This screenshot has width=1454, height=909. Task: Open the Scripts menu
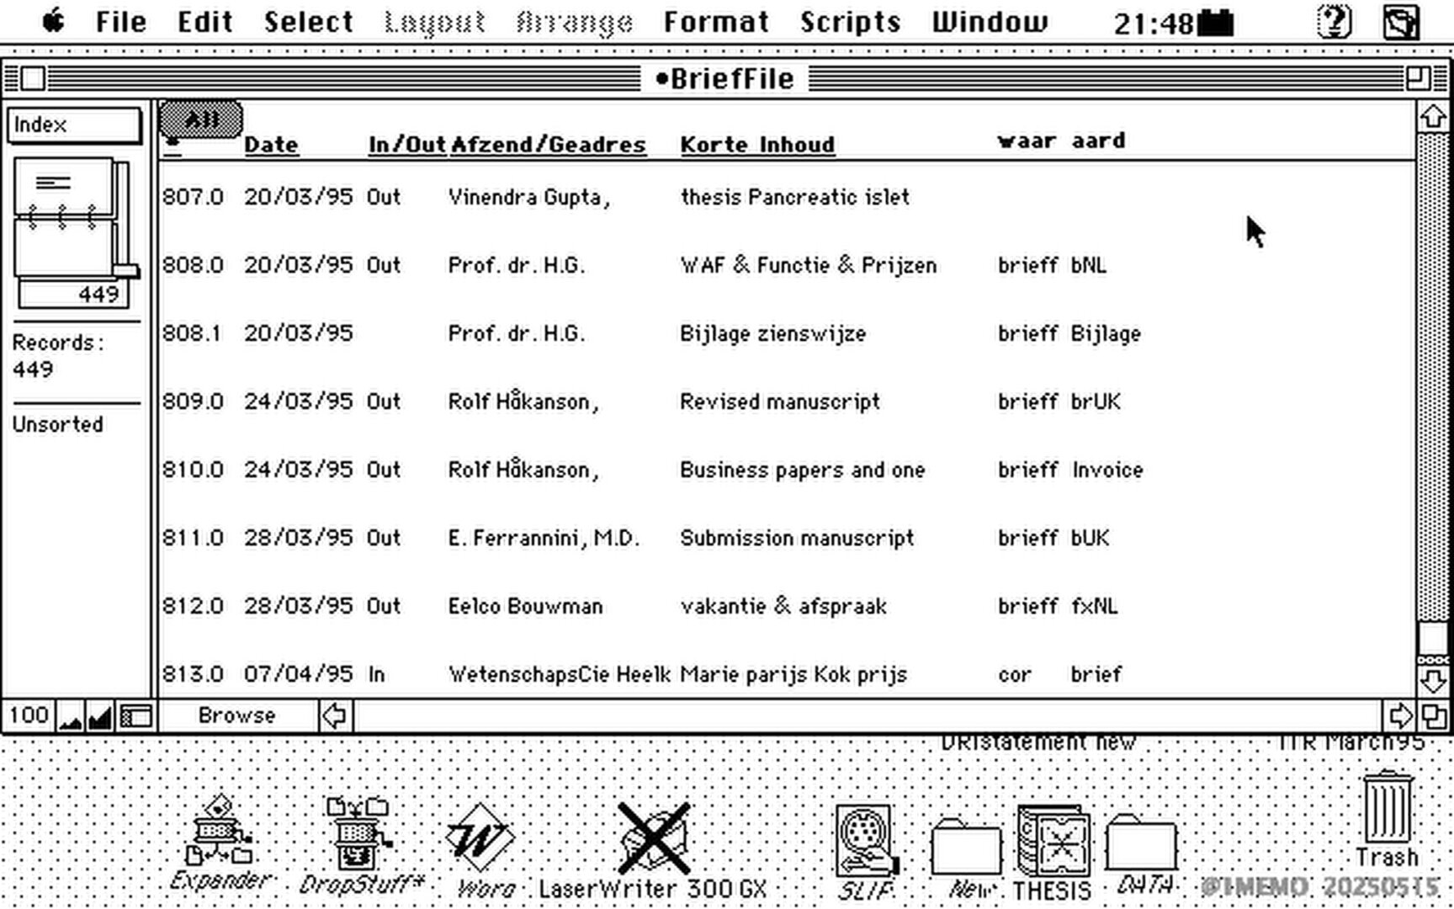(x=850, y=22)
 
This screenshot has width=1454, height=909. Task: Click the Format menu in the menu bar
(x=716, y=22)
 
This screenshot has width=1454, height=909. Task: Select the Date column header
(x=271, y=145)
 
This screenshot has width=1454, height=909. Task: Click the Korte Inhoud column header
(x=757, y=145)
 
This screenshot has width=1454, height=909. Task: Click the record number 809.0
(x=193, y=401)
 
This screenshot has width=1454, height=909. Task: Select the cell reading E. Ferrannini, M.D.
(x=544, y=538)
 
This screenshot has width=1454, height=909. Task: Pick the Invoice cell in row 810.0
(x=1106, y=470)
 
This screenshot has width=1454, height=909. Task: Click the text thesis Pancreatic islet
(x=794, y=197)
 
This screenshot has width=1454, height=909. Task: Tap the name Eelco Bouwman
(x=525, y=606)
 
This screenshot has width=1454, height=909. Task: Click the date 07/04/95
(x=298, y=674)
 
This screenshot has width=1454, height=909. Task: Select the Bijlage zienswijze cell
(x=772, y=333)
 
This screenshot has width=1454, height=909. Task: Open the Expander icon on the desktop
(x=220, y=833)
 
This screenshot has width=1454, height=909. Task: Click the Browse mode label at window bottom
(x=236, y=715)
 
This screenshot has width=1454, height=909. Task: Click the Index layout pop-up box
(x=74, y=125)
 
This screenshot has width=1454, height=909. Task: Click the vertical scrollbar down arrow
(x=1433, y=680)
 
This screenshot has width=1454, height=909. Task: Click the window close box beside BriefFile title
(x=33, y=78)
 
